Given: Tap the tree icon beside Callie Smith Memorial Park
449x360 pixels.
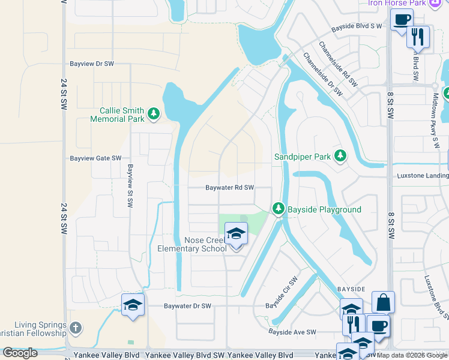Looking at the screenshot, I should (154, 113).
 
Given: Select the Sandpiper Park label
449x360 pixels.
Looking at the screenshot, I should (303, 157).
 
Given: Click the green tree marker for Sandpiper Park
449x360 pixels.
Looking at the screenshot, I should (341, 156).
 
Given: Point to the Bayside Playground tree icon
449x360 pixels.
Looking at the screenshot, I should (278, 208).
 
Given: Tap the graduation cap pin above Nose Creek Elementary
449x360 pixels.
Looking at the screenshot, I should (236, 233).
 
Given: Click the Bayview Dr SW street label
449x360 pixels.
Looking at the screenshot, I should (91, 64).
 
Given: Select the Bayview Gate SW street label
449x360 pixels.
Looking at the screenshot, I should (95, 158).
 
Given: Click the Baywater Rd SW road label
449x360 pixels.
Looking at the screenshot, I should (230, 188).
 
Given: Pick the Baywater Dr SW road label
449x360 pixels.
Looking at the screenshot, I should (188, 306).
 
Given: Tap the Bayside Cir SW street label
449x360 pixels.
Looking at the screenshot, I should (282, 293).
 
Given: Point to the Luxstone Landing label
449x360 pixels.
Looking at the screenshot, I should (423, 176).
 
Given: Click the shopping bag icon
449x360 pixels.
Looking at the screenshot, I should (383, 302).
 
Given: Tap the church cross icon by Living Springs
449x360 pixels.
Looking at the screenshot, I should (74, 328).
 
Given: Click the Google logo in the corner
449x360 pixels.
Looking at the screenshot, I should (20, 353).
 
